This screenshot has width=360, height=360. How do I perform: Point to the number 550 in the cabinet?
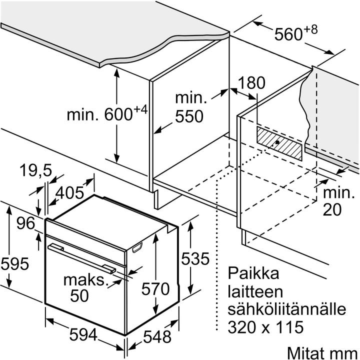189,116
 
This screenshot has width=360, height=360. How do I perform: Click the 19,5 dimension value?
36,171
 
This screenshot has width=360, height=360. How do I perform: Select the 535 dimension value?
194,258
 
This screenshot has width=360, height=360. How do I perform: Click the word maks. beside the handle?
85,279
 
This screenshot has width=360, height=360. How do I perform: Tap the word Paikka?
252,273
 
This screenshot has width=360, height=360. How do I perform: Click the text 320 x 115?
265,327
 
